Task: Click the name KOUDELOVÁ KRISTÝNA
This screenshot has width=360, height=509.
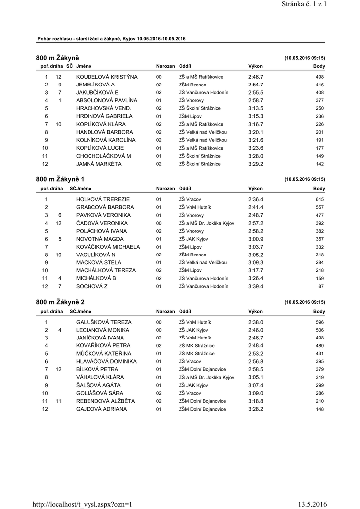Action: pyautogui.click(x=106, y=77)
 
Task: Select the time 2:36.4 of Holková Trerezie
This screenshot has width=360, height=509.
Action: pyautogui.click(x=256, y=199)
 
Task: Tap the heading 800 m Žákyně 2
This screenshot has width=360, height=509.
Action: pyautogui.click(x=60, y=302)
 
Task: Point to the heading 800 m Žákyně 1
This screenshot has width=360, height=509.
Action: pyautogui.click(x=60, y=179)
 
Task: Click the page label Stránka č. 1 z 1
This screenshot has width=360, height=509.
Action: pyautogui.click(x=303, y=4)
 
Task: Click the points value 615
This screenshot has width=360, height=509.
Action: pyautogui.click(x=320, y=199)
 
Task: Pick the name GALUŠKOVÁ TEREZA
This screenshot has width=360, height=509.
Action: pyautogui.click(x=103, y=322)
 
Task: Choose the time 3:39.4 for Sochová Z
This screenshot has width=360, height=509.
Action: pyautogui.click(x=256, y=287)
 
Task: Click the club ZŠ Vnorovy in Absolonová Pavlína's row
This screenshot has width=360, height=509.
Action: pyautogui.click(x=191, y=100)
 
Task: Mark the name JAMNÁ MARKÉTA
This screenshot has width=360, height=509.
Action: pyautogui.click(x=99, y=164)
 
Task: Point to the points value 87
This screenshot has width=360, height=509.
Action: pyautogui.click(x=321, y=287)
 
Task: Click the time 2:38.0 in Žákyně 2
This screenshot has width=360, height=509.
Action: pyautogui.click(x=256, y=322)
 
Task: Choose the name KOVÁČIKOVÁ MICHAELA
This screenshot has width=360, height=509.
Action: pyautogui.click(x=108, y=247)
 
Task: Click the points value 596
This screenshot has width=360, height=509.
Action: pyautogui.click(x=320, y=322)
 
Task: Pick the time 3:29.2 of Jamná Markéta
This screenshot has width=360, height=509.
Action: pyautogui.click(x=256, y=164)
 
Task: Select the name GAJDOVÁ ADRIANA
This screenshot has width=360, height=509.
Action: pyautogui.click(x=101, y=409)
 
